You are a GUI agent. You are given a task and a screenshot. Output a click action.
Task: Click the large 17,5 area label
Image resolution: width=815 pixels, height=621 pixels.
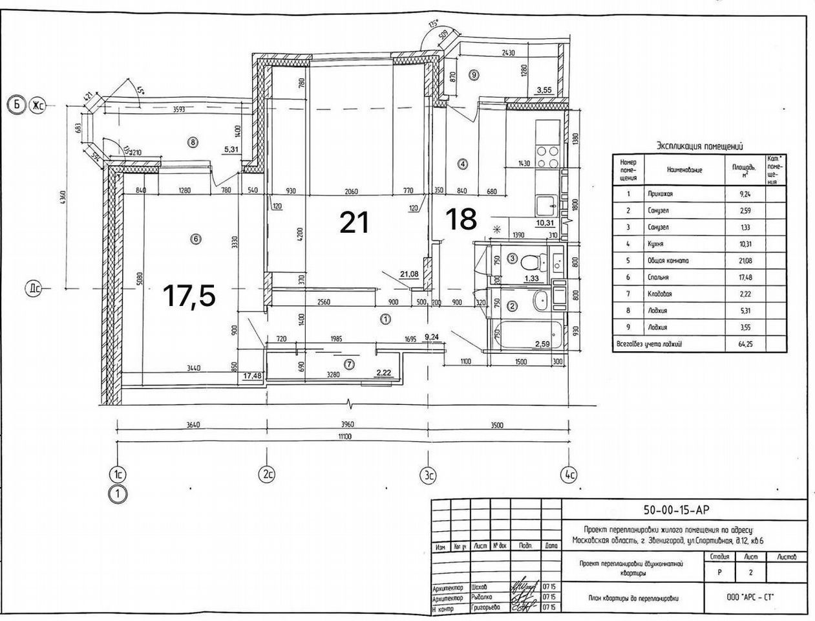pos(189,296)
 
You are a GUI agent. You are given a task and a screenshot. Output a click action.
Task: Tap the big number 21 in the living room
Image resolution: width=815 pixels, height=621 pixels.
pos(355,223)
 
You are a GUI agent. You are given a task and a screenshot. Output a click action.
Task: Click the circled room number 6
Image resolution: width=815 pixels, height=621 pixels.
pos(196,239)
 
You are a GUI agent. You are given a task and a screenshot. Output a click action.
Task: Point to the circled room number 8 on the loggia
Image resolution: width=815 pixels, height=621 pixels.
pos(192,142)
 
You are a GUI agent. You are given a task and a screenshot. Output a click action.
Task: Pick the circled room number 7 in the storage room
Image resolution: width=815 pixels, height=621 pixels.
pos(350,364)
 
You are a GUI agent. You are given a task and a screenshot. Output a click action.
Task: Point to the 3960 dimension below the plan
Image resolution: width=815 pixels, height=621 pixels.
pos(348,425)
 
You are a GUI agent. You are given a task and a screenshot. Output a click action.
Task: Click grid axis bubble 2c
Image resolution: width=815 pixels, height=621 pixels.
pos(268,475)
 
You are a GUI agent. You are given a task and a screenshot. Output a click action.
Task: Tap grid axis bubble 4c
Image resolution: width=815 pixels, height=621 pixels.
pos(569,475)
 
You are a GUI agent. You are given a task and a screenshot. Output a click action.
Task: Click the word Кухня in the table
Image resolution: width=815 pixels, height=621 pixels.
pos(655,245)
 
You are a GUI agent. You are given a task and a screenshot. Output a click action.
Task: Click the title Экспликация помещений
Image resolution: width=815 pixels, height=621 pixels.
pos(699,146)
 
